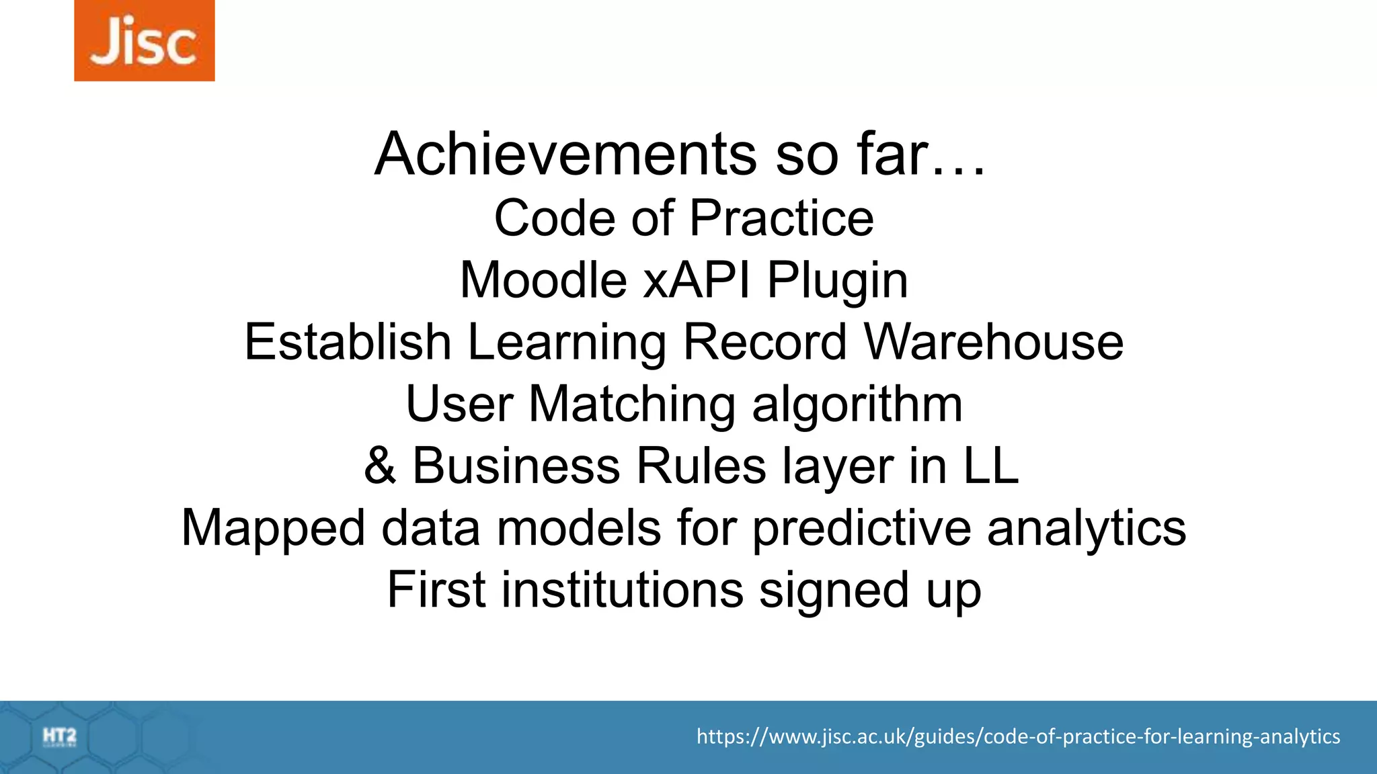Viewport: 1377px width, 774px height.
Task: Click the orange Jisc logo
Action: tap(144, 40)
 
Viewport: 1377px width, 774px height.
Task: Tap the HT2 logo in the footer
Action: tap(60, 737)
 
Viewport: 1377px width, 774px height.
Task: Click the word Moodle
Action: tap(543, 280)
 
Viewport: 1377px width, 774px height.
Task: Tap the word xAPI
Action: tap(697, 280)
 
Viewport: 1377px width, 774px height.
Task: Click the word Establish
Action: tap(348, 342)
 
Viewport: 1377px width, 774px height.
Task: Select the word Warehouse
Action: tap(994, 342)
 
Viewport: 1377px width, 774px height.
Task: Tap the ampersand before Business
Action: tap(380, 466)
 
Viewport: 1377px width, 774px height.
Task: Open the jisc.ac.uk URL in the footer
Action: tap(1018, 736)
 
